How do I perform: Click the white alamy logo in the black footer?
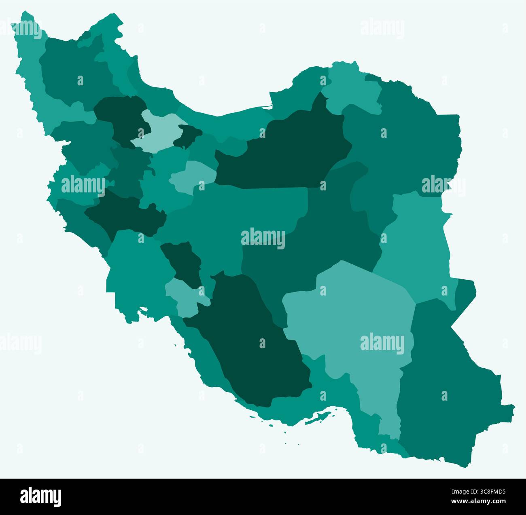click(x=40, y=496)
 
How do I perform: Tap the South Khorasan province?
click(x=417, y=243)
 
